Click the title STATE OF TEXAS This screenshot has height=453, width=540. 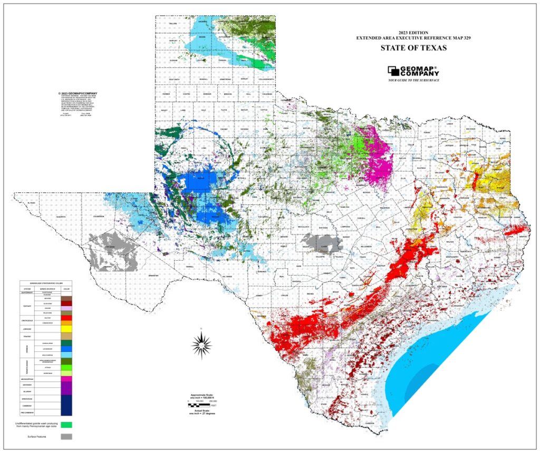414,48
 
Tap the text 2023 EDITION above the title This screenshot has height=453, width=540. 414,32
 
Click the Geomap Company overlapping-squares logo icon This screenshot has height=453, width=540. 394,71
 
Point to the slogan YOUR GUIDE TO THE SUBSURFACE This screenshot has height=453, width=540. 414,80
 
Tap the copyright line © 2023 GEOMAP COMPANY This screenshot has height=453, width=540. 79,93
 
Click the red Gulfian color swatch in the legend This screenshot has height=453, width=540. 66,318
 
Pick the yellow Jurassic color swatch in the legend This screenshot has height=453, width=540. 66,329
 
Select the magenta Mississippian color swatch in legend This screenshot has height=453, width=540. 66,379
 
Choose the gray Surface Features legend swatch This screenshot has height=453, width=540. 66,436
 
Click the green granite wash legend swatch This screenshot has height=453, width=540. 66,424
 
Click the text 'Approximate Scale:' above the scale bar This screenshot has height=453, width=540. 202,395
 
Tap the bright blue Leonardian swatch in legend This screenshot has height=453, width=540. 66,349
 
